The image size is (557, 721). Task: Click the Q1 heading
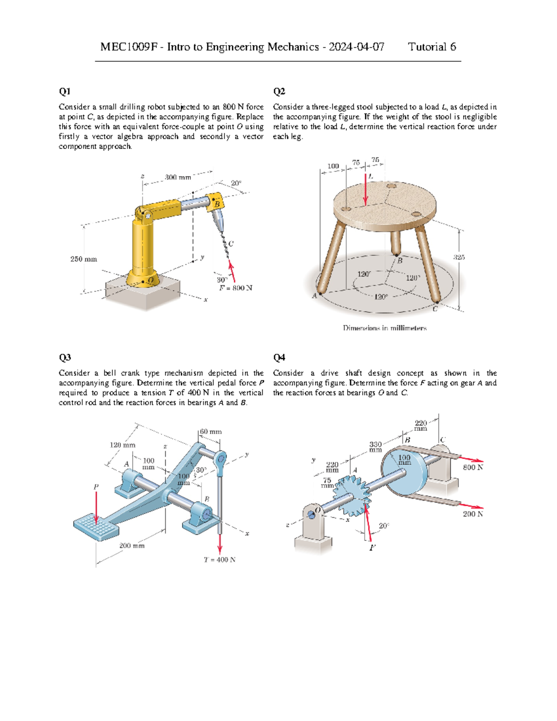[x=65, y=91]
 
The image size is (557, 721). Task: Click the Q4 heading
[x=279, y=357]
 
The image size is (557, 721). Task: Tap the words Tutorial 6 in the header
[x=432, y=47]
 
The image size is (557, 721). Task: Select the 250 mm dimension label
[x=84, y=259]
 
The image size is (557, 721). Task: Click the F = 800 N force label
[x=236, y=288]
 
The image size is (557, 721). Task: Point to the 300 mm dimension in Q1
[x=178, y=177]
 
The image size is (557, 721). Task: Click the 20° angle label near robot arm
[x=236, y=183]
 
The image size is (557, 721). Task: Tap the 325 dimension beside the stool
[x=459, y=257]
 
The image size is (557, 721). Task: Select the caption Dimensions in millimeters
[x=384, y=328]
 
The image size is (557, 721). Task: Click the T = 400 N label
[x=220, y=559]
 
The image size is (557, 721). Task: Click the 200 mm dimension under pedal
[x=132, y=546]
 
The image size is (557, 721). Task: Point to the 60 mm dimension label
[x=211, y=431]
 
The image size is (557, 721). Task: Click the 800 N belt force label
[x=473, y=467]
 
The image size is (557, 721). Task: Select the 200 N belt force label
[x=473, y=514]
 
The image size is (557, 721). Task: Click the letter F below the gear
[x=372, y=548]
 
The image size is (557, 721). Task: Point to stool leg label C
[x=435, y=309]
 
